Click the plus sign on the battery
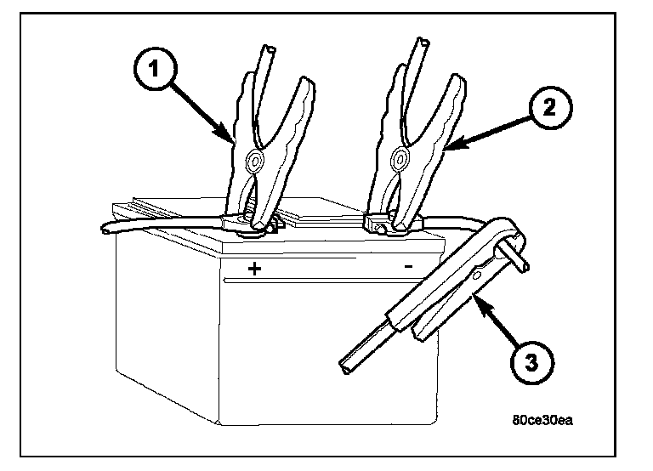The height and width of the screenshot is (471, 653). (253, 269)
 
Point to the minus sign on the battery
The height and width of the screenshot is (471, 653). (409, 266)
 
